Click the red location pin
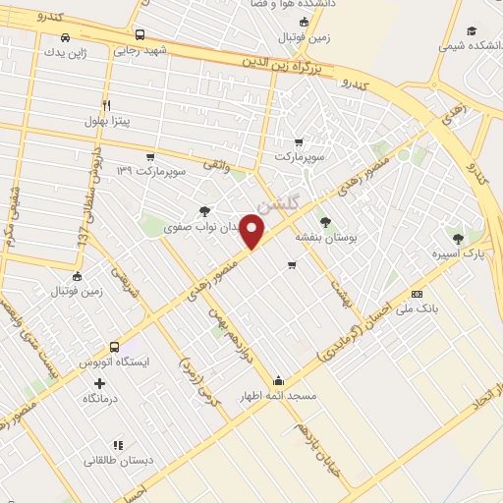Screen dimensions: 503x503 (x=253, y=232)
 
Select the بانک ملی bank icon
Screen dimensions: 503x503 (x=417, y=294)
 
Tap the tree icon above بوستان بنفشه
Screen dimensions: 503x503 (x=325, y=222)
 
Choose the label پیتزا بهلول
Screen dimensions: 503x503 (x=107, y=122)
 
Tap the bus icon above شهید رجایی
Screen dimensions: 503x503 (x=139, y=33)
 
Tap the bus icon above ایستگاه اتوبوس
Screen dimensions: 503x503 (x=115, y=347)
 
